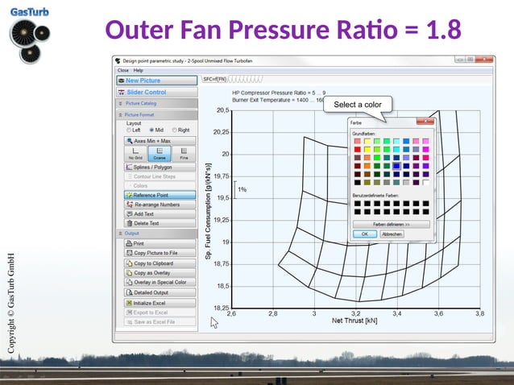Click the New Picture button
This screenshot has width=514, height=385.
(157, 81)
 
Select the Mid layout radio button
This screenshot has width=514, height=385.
(150, 130)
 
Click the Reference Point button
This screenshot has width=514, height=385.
(157, 195)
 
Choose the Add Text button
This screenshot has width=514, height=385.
(157, 213)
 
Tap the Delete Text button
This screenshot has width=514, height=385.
(157, 223)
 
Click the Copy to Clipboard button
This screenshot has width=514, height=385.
(157, 263)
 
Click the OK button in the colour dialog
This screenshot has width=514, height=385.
(364, 234)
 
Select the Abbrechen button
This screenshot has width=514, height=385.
(392, 234)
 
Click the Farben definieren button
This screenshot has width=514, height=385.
(391, 224)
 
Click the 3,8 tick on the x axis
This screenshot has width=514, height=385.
(479, 313)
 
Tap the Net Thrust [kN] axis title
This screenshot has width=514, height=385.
(355, 321)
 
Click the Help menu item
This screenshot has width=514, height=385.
(139, 71)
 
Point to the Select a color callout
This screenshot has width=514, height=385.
(358, 105)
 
